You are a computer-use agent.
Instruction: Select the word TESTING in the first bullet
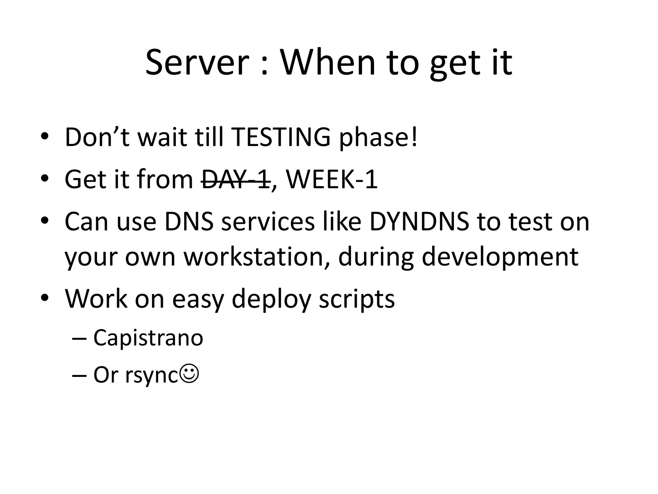[281, 137]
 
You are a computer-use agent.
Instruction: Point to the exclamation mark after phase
[414, 137]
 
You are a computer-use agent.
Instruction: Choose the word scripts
[357, 299]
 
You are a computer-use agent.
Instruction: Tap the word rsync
[151, 375]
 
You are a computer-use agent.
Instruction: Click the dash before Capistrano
[78, 338]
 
